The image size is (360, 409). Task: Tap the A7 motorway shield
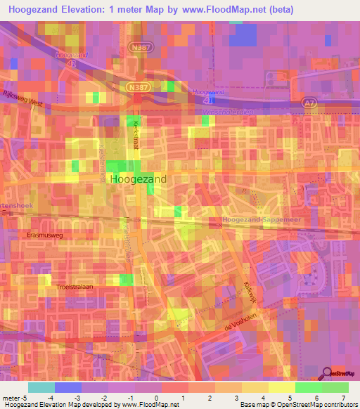pyautogui.click(x=310, y=103)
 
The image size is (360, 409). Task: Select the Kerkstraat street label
pyautogui.click(x=136, y=132)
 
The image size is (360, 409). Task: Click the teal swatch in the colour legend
pyautogui.click(x=41, y=387)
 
